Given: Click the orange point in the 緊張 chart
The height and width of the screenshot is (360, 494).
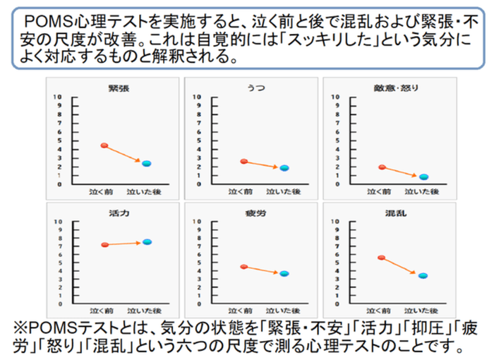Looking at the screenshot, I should pyautogui.click(x=104, y=145).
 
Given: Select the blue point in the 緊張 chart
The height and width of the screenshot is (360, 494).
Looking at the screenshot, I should pyautogui.click(x=147, y=164).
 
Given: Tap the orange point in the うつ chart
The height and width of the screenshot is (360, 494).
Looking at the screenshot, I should pyautogui.click(x=244, y=162).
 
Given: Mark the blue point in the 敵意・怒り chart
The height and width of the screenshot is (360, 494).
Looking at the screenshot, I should pyautogui.click(x=423, y=176).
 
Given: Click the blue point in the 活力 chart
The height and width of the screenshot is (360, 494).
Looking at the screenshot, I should pyautogui.click(x=147, y=242).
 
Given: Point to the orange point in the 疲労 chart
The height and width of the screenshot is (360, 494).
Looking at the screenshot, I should pyautogui.click(x=244, y=267).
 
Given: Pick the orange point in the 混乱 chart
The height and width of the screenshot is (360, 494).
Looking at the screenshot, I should pyautogui.click(x=382, y=258).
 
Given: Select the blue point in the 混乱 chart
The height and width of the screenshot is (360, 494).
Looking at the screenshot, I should pyautogui.click(x=423, y=276).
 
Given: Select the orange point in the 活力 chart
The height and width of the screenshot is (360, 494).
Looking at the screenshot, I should pyautogui.click(x=104, y=245).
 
